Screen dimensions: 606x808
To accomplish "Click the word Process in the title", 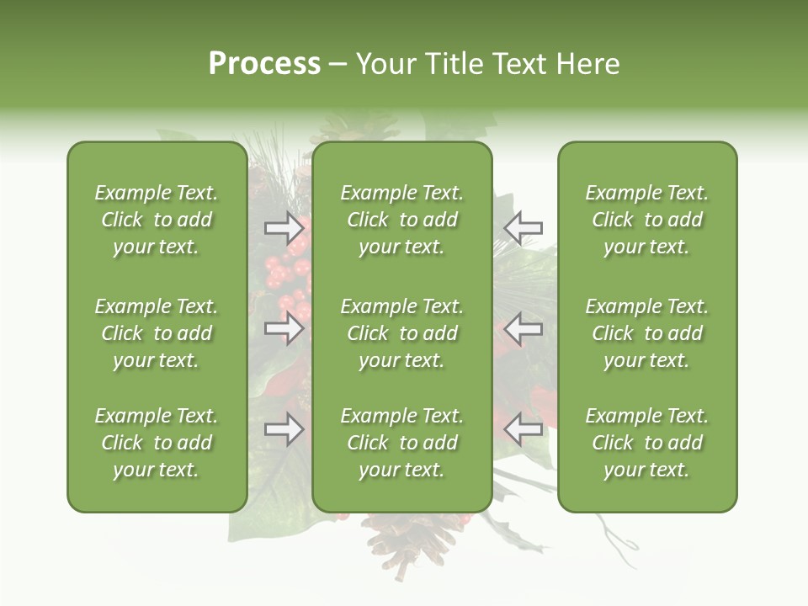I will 264,64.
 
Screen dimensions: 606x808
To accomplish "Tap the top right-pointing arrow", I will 284,227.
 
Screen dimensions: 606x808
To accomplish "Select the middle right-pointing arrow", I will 284,327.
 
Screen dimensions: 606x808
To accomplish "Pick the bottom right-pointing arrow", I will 284,429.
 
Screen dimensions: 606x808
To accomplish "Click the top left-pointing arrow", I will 523,227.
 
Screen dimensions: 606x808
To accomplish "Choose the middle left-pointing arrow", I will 523,327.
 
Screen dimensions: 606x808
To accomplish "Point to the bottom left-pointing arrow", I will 523,429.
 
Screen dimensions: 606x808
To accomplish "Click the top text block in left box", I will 157,220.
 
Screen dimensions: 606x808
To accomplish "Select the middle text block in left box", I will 157,333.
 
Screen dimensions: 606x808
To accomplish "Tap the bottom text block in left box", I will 157,443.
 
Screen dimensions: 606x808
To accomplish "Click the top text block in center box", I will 401,220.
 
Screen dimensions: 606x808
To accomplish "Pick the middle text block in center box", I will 401,333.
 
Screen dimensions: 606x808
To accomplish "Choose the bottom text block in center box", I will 401,443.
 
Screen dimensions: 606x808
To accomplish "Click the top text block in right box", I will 646,220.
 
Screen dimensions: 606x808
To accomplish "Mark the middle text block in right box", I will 646,333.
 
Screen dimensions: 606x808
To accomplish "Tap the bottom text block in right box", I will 646,443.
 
